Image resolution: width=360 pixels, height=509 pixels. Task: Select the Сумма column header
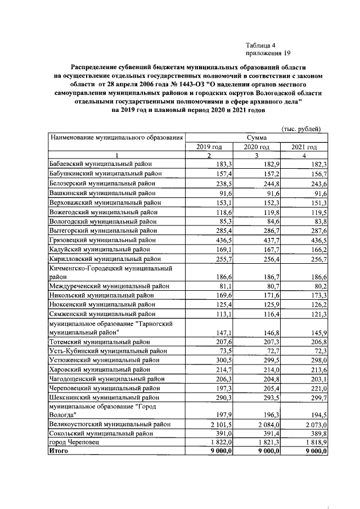point(256,137)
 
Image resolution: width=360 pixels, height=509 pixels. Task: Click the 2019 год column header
point(209,147)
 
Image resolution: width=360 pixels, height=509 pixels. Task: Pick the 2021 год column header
point(304,147)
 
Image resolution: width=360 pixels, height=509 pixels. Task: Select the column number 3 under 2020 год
point(256,156)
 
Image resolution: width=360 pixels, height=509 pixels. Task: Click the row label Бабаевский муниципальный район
point(102,164)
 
